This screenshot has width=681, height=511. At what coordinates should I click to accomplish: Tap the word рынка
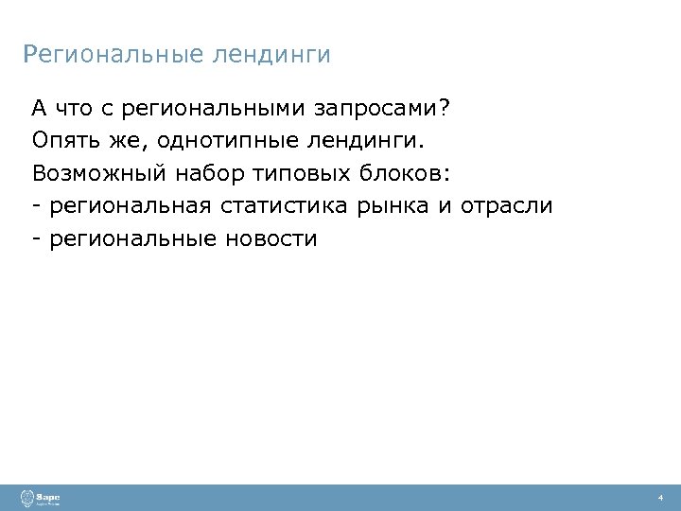(393, 205)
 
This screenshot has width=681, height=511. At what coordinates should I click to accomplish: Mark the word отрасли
(506, 205)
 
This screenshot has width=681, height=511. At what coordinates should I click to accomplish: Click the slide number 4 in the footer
(661, 498)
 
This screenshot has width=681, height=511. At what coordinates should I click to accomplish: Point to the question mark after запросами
(445, 108)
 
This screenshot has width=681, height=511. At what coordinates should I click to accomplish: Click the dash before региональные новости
(35, 238)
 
